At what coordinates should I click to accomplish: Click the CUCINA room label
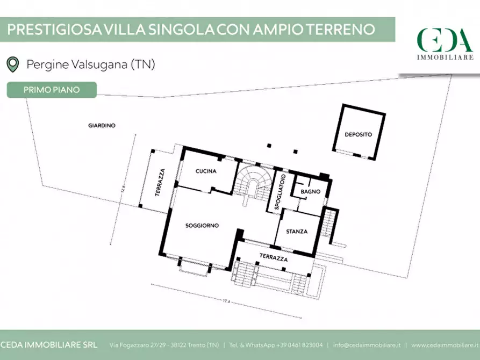[x=206, y=171]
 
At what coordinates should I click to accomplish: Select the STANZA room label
[x=297, y=232]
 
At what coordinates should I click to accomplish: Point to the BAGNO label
[x=311, y=192]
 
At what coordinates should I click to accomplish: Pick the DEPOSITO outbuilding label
[x=358, y=134]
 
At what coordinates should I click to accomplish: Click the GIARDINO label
[x=102, y=125]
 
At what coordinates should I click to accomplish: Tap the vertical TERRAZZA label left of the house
[x=160, y=182]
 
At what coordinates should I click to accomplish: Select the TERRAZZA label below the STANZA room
[x=274, y=258]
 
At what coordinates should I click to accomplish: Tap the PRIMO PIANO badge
[x=52, y=90]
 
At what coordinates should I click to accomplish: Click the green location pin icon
[x=12, y=64]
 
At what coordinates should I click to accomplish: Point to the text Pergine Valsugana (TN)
[x=91, y=64]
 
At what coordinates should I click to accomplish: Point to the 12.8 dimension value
[x=123, y=189]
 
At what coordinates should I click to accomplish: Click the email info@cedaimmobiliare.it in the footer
[x=367, y=344]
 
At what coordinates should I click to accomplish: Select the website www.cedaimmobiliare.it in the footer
[x=444, y=344]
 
